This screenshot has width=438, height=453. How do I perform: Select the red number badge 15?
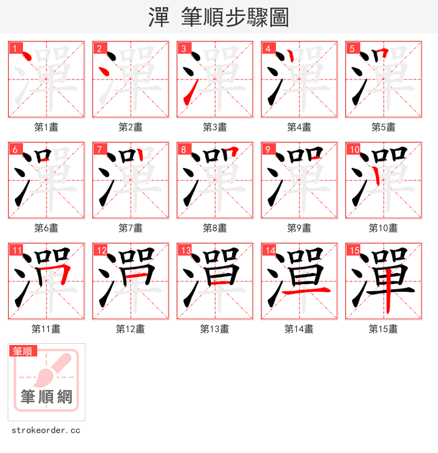pyautogui.click(x=353, y=251)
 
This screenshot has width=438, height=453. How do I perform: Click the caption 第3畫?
pyautogui.click(x=215, y=127)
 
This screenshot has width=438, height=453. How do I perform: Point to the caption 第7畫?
pyautogui.click(x=130, y=228)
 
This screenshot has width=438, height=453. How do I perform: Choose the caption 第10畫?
pyautogui.click(x=383, y=228)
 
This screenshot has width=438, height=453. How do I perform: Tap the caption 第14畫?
pyautogui.click(x=299, y=329)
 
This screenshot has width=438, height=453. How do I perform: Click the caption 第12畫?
pyautogui.click(x=130, y=329)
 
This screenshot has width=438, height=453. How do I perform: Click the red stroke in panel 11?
pyautogui.click(x=65, y=274)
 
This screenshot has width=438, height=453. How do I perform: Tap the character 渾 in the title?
pyautogui.click(x=159, y=18)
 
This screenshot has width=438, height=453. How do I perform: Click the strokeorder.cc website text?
pyautogui.click(x=46, y=431)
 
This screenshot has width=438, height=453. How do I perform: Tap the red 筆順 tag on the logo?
pyautogui.click(x=23, y=351)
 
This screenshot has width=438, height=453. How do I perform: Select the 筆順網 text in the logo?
pyautogui.click(x=46, y=397)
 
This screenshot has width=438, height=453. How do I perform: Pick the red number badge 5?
pyautogui.click(x=353, y=48)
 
